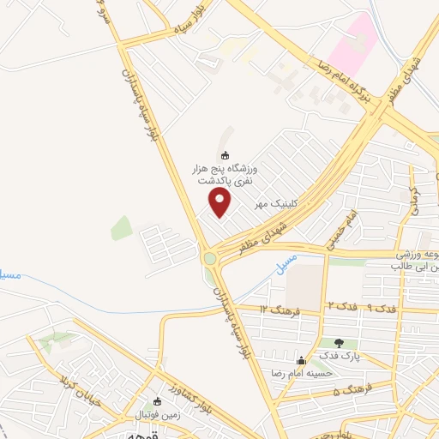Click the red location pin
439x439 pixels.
pyautogui.click(x=220, y=202)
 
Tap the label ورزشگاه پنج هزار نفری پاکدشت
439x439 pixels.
pyautogui.click(x=226, y=177)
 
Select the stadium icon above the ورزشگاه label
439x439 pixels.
pyautogui.click(x=226, y=155)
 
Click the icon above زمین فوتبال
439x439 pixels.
pyautogui.click(x=157, y=401)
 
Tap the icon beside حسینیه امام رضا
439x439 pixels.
pyautogui.click(x=300, y=360)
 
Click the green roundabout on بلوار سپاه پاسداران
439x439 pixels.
pyautogui.click(x=209, y=258)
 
